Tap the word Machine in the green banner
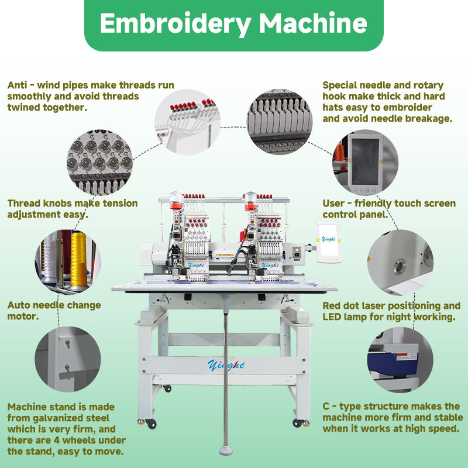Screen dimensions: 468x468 tap(314, 23)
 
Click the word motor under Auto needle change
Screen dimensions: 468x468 tap(22, 316)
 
